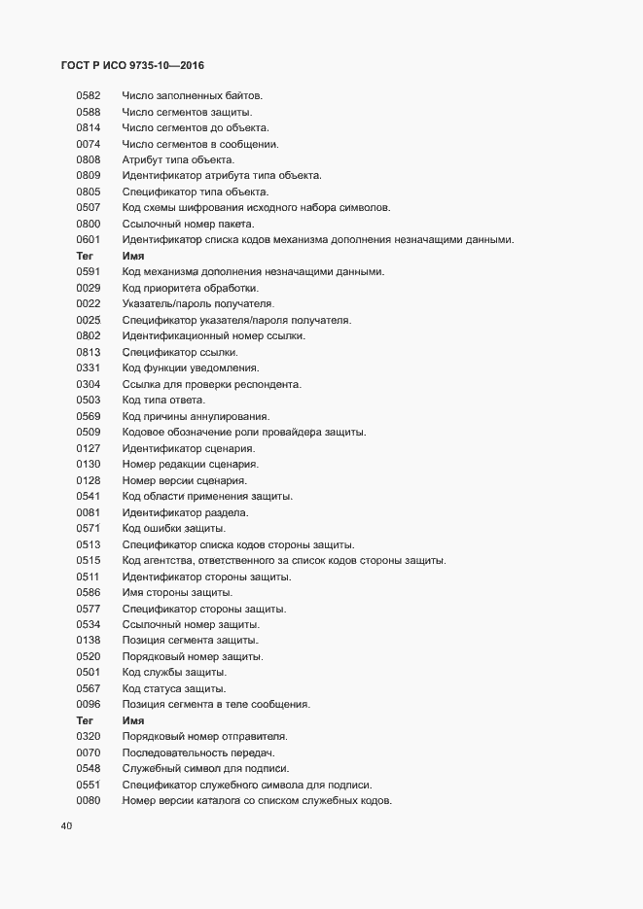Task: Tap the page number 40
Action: [x=66, y=827]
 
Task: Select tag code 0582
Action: [x=89, y=95]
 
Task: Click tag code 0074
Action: [x=89, y=144]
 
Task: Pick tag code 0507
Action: [x=89, y=208]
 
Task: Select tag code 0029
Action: [x=89, y=288]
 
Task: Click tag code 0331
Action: [x=89, y=368]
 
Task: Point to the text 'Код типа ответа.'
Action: [x=163, y=401]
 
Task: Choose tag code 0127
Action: [x=89, y=448]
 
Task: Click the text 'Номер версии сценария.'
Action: [x=185, y=480]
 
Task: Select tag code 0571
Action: [x=89, y=529]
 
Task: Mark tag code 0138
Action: [x=89, y=641]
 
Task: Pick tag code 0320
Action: [x=89, y=737]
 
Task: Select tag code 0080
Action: [x=89, y=801]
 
